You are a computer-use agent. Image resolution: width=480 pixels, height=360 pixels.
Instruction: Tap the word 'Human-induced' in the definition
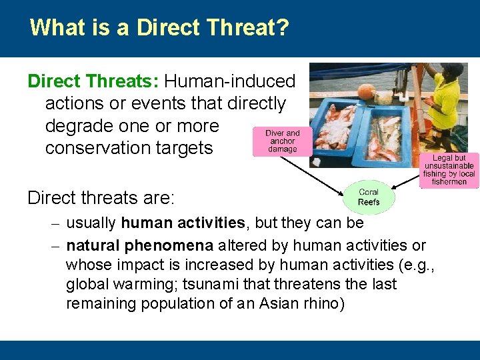(230, 81)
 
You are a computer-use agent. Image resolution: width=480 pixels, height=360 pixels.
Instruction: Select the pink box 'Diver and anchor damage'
(283, 141)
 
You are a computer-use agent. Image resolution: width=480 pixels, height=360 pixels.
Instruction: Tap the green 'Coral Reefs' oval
(369, 197)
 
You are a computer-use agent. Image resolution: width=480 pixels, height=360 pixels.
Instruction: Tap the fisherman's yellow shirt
(444, 100)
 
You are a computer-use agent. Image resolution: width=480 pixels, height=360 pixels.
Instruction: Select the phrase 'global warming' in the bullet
(110, 284)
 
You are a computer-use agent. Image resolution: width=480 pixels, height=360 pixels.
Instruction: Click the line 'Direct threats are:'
(101, 198)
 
